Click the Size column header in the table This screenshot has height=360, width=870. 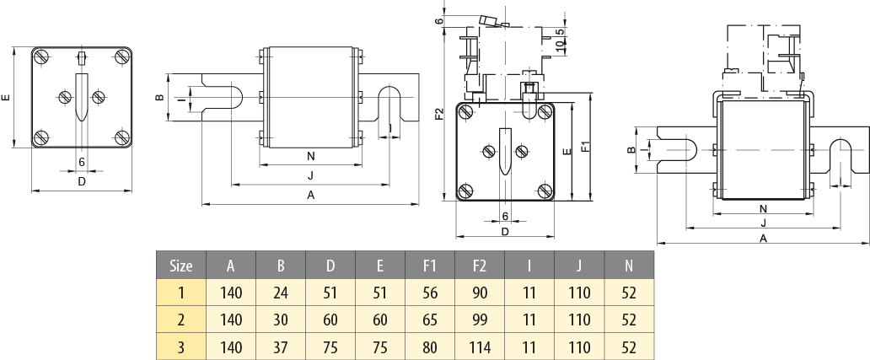point(181,266)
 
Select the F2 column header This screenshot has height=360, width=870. point(480,266)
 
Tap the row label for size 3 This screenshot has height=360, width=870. point(181,347)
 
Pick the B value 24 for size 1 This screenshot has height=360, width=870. point(281,293)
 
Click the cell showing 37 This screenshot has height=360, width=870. point(281,347)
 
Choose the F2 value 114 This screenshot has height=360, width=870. point(480,347)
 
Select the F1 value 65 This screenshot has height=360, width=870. point(430,320)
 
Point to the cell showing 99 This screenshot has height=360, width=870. point(480,320)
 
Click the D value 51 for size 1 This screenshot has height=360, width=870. point(330,293)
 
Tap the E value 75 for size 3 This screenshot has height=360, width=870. point(380,347)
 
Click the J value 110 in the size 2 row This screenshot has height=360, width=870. point(579,320)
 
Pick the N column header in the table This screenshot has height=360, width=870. point(629,266)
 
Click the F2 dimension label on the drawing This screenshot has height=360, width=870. point(439,113)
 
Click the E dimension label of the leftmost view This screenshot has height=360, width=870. point(8,98)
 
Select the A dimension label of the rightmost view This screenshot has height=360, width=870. point(763,238)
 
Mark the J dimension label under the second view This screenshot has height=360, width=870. point(310,175)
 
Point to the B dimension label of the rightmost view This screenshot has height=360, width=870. point(631,149)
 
